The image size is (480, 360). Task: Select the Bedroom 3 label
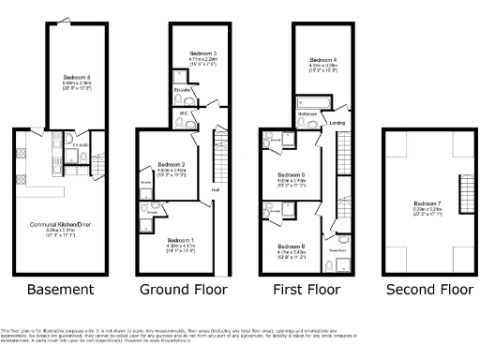202,53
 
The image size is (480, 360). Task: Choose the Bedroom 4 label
323,59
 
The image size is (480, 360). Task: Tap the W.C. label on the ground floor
185,113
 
